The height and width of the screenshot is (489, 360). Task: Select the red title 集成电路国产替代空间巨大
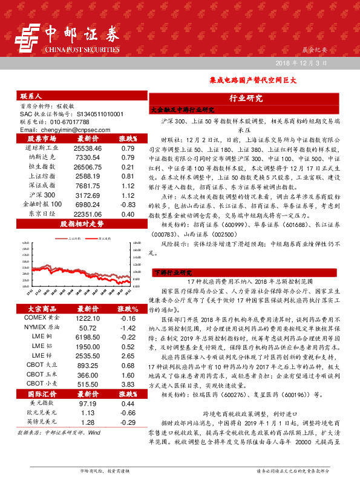[x=248, y=79]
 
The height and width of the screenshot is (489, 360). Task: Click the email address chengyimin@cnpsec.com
[x=61, y=130]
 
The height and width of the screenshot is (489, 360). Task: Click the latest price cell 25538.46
[x=88, y=148]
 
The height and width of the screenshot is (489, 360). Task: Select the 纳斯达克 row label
[x=42, y=156]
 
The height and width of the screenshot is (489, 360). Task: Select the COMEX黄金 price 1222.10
[x=88, y=301]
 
